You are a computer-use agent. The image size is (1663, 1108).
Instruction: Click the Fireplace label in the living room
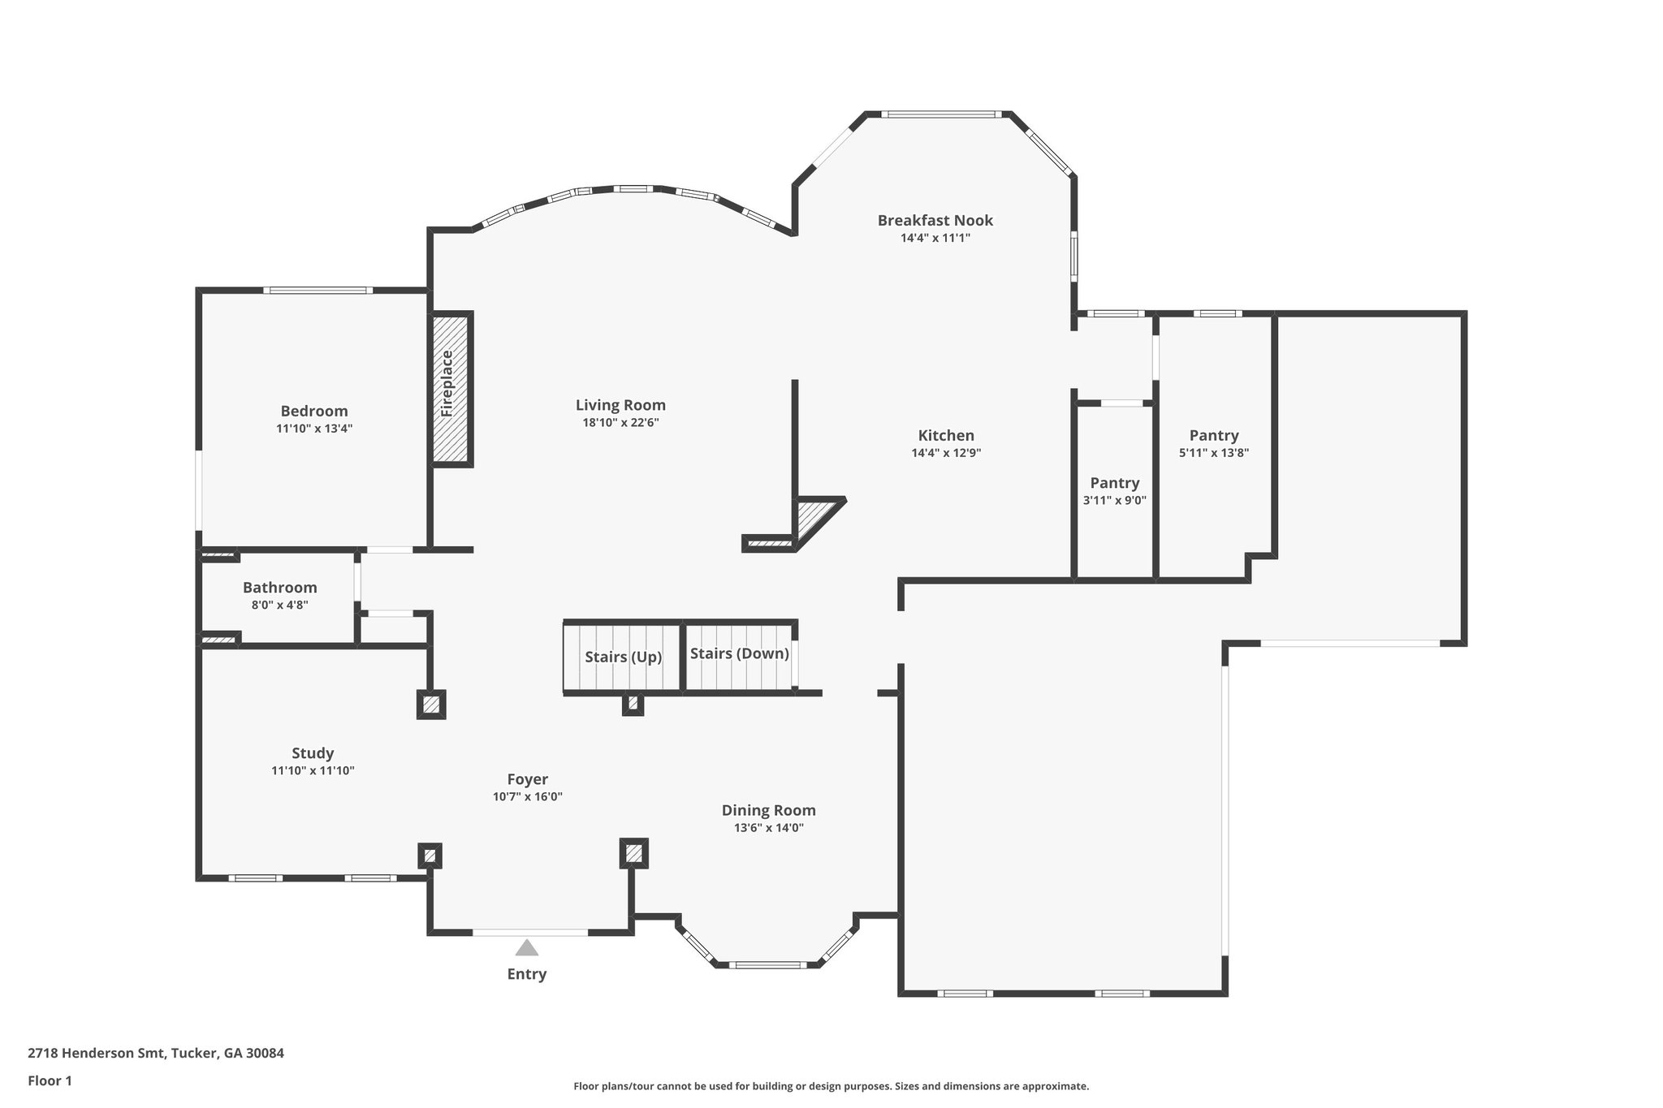[x=447, y=383]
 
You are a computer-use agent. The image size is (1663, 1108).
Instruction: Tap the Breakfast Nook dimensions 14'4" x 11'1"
[x=935, y=239]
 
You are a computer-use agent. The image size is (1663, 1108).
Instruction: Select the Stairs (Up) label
[x=624, y=657]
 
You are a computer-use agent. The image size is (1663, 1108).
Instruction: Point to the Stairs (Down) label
[x=739, y=653]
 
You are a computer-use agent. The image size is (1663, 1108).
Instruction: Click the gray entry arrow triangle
[x=527, y=947]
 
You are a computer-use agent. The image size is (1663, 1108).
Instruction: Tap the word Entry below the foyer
[x=527, y=974]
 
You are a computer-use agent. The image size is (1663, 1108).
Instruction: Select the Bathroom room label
[x=279, y=588]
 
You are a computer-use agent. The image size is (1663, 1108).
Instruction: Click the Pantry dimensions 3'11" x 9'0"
[x=1114, y=501]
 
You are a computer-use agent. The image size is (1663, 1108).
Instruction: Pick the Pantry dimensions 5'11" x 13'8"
[x=1213, y=454]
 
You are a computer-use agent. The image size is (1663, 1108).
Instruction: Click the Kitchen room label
[x=946, y=436]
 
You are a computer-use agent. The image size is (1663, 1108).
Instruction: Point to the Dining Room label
[x=768, y=810]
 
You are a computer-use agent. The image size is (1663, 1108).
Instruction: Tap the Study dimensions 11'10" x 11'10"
[x=313, y=771]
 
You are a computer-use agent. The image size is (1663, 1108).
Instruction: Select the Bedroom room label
[x=314, y=412]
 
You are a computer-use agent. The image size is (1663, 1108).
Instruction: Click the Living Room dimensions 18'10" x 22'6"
[x=620, y=423]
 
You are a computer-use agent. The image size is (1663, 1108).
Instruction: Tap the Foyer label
[x=527, y=779]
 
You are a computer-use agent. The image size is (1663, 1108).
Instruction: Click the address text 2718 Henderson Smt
[x=97, y=1054]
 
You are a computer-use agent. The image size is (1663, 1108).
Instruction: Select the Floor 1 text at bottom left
[x=50, y=1081]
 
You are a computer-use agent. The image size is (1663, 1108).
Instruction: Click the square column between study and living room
[x=431, y=704]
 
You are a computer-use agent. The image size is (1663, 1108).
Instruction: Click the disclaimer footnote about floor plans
[x=831, y=1086]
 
